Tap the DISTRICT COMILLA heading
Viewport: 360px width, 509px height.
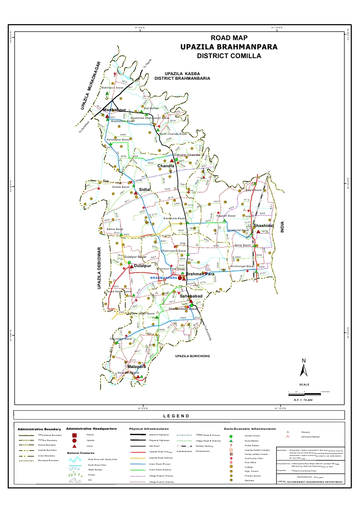pos(229,56)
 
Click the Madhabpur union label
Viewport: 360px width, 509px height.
pos(114,110)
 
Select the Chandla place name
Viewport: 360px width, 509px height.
pos(166,166)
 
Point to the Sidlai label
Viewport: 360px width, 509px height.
pos(144,190)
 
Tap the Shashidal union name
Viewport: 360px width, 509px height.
pos(262,226)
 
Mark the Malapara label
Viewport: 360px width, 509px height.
pos(123,366)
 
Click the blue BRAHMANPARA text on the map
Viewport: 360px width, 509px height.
pos(163,278)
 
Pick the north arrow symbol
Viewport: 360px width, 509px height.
pos(304,368)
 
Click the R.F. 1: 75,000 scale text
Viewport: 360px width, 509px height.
pos(304,399)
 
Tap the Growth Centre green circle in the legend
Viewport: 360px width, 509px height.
pos(231,436)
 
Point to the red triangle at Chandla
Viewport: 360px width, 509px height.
pos(173,161)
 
